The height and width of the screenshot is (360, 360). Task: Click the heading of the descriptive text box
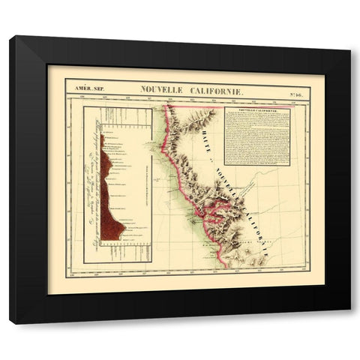pyautogui.click(x=256, y=110)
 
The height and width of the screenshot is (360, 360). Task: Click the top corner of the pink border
pyautogui.click(x=166, y=105)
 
